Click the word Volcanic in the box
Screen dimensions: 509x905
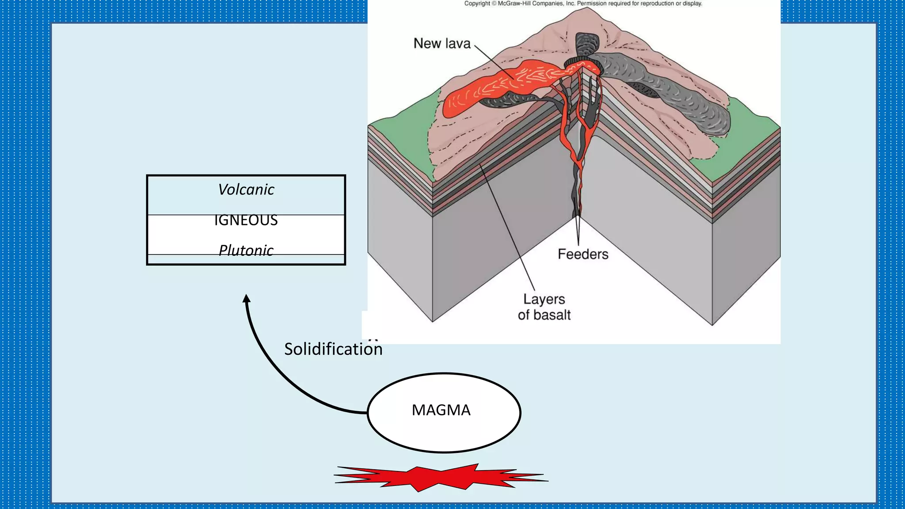(246, 190)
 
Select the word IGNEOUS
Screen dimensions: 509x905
(246, 220)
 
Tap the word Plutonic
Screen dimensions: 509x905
(246, 250)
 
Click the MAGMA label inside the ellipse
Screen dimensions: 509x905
(441, 410)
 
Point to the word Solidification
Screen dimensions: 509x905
(333, 349)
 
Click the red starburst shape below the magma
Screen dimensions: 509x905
(441, 478)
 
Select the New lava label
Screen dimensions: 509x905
(442, 43)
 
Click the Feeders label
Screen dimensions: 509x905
(583, 254)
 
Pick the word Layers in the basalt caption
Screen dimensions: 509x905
(544, 299)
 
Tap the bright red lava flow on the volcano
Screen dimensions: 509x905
(486, 88)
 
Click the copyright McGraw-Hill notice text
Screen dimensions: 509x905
(583, 4)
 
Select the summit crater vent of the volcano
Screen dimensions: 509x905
(583, 64)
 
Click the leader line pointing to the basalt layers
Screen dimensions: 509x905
(508, 230)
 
